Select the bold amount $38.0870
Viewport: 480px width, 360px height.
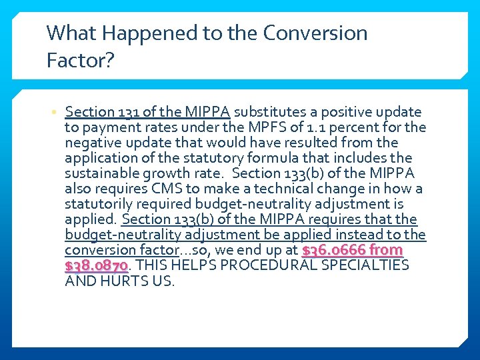[x=96, y=265]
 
